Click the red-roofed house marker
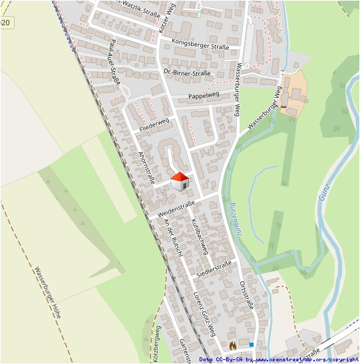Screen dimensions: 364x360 click(x=180, y=181)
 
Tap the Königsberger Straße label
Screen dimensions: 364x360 click(x=200, y=47)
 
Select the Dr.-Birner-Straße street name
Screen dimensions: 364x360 click(x=186, y=73)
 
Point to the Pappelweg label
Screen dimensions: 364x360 click(x=204, y=96)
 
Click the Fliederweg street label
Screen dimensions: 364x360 click(x=154, y=123)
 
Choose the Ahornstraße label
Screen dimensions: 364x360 click(x=146, y=166)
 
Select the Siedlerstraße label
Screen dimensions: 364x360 click(x=214, y=268)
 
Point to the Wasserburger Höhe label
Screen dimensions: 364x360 click(x=48, y=292)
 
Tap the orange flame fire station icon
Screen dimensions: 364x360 click(x=232, y=346)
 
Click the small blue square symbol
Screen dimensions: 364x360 click(x=252, y=344)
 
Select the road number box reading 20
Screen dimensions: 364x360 click(x=5, y=23)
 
